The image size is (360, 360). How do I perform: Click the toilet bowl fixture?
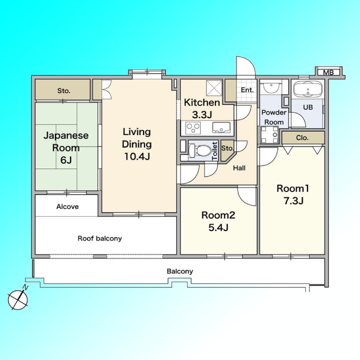coord(199,150)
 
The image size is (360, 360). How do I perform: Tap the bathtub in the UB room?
coord(307,89)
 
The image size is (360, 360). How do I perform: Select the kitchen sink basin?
coord(221,127)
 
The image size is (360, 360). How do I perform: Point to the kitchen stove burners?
coord(193,127)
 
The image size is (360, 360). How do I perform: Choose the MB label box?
coord(328,72)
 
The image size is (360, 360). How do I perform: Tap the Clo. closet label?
coord(302,138)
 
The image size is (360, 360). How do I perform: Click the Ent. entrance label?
coord(247,90)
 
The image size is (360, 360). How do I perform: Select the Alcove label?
coord(67,206)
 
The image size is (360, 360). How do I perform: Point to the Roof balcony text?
coord(100,238)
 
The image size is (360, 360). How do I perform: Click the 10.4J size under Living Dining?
coord(137,156)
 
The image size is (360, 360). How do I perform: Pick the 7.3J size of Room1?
coord(293,201)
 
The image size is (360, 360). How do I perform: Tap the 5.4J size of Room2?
coord(218,227)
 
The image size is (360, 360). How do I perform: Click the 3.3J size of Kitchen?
coord(202,114)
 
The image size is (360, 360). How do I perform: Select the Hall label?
coord(239,168)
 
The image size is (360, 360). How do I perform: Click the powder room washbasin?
coord(271,86)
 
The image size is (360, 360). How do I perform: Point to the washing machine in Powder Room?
coord(269,135)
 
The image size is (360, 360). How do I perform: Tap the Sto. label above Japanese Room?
coord(63,91)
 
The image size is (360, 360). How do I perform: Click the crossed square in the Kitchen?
coord(214,87)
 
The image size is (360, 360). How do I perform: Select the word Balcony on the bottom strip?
coord(180,271)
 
